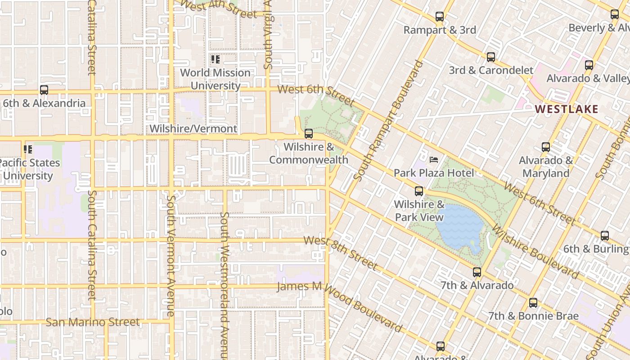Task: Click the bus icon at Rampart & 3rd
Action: click(440, 17)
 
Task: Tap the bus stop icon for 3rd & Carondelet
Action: click(491, 57)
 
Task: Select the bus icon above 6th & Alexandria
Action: click(44, 90)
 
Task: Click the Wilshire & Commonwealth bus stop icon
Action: click(309, 134)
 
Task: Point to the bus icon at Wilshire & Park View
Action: click(419, 191)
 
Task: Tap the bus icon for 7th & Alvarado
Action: click(477, 272)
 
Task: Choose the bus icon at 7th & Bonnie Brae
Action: click(533, 303)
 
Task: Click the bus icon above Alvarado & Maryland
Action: click(546, 147)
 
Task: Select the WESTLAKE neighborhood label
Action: click(567, 109)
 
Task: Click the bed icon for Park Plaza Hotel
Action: click(434, 160)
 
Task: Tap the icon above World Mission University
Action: click(215, 59)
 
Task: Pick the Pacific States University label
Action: click(29, 169)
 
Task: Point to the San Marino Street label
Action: click(93, 322)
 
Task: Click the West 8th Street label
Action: click(341, 253)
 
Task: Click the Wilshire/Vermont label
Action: click(193, 129)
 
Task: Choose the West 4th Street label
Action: click(219, 8)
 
